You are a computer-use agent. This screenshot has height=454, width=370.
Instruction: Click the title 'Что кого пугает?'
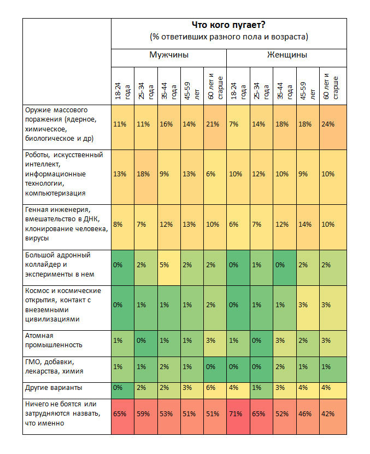(x=228, y=25)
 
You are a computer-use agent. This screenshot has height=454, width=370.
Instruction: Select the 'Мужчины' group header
(x=169, y=55)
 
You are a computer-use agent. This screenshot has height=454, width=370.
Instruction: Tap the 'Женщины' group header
(x=287, y=55)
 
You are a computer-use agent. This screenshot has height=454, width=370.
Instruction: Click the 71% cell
(x=238, y=417)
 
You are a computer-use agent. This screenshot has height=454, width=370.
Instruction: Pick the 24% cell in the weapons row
(x=333, y=127)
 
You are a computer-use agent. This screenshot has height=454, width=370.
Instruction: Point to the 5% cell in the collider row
(x=169, y=268)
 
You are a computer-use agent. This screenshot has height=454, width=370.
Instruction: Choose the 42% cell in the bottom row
(x=333, y=417)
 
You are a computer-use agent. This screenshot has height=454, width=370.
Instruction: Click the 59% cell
(x=146, y=417)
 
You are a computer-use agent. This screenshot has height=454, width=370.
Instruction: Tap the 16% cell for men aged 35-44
(x=169, y=127)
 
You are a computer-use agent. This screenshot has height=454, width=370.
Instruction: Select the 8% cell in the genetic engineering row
(x=122, y=227)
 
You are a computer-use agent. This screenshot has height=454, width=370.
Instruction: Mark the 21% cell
(x=215, y=127)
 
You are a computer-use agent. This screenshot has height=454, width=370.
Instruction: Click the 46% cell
(x=308, y=417)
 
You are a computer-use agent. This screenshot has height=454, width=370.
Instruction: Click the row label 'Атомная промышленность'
(x=54, y=340)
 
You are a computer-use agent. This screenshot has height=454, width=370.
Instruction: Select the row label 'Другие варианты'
(x=54, y=388)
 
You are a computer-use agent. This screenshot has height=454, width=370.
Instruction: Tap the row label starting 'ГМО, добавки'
(x=54, y=366)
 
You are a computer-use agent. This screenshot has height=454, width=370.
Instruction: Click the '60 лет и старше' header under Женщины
(x=331, y=87)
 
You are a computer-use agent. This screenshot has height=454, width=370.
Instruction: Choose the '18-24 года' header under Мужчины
(x=122, y=90)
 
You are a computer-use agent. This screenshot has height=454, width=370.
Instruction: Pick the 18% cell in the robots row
(x=146, y=177)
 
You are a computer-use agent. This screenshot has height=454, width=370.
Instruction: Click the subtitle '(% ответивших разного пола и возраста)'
(x=229, y=37)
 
